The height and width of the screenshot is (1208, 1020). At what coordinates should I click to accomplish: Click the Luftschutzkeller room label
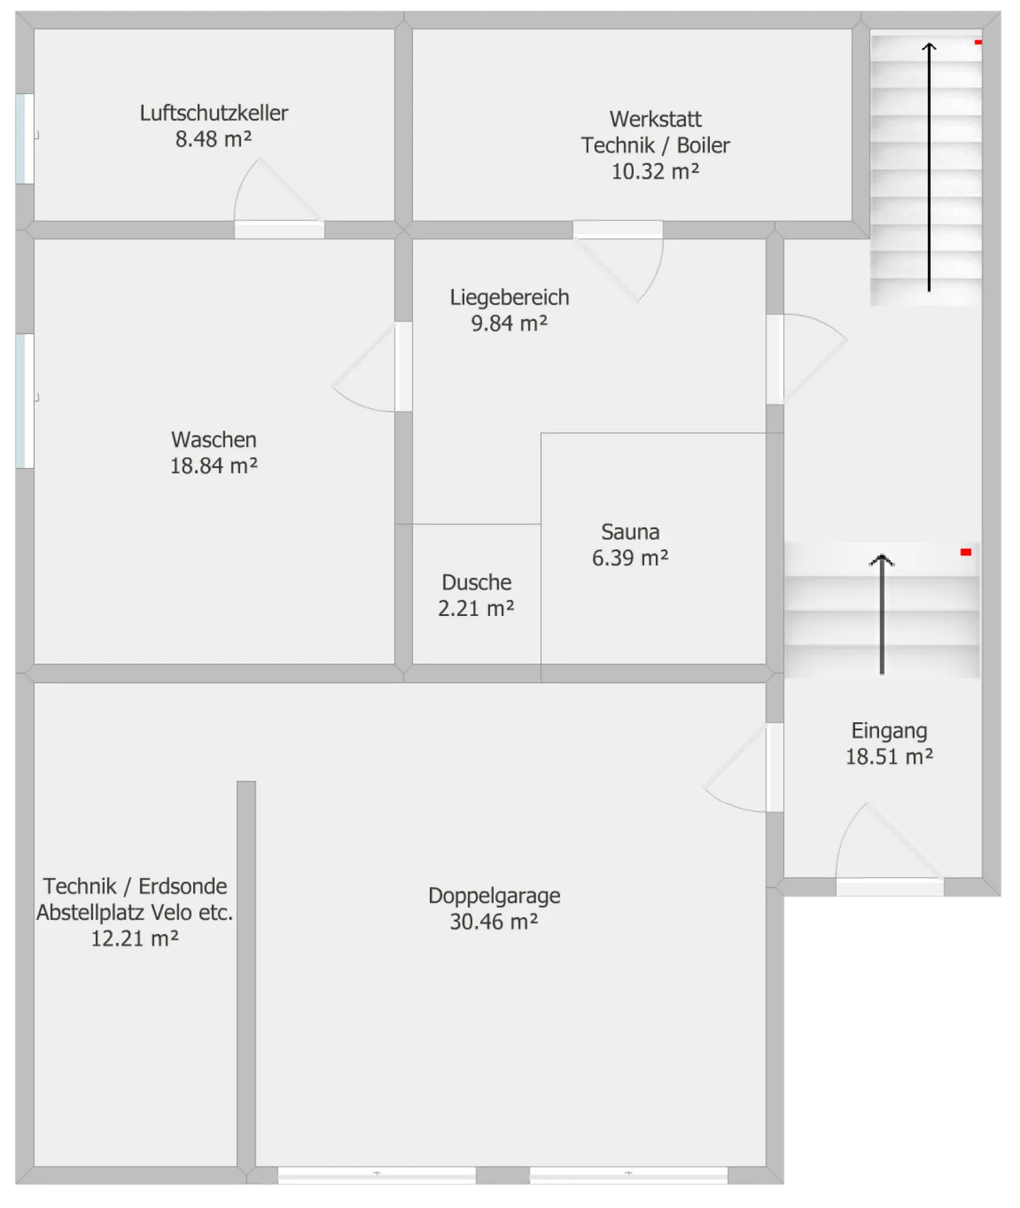point(214,113)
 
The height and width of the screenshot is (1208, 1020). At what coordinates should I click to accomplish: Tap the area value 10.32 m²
point(655,171)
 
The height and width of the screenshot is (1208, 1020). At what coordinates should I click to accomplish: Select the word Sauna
point(630,532)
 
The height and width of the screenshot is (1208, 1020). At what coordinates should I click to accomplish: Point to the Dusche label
point(477,582)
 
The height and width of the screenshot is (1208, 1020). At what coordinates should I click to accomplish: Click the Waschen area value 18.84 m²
point(214,466)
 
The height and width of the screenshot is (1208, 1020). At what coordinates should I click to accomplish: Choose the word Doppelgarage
point(494,896)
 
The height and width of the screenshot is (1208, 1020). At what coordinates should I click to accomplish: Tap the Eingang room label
point(889,731)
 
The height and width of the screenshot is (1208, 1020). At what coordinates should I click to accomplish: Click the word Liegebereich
point(509,297)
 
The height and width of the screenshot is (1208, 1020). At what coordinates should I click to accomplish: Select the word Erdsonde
point(183,887)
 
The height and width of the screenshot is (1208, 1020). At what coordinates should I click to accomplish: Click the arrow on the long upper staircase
point(929,167)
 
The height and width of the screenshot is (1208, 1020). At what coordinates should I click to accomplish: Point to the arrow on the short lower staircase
point(882,614)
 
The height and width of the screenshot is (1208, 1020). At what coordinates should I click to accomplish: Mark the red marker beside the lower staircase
point(965,552)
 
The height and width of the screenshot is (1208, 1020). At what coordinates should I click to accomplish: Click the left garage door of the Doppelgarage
point(377,1175)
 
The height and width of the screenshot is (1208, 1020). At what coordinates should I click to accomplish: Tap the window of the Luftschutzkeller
point(25,139)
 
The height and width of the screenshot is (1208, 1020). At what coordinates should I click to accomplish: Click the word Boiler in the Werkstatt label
point(703,145)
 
